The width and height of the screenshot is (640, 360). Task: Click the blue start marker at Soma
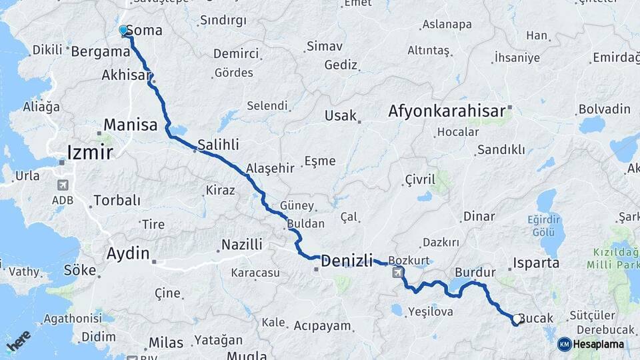(123, 30)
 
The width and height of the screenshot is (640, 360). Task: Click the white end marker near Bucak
(517, 320)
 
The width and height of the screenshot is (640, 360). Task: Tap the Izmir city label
(90, 153)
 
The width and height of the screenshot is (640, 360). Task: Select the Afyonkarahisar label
(447, 112)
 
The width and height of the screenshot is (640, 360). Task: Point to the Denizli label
(347, 262)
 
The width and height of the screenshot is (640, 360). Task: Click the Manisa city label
(131, 125)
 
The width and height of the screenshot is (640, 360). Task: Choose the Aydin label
(127, 253)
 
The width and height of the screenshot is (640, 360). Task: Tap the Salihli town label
(218, 145)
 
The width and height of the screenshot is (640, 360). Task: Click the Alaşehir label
(270, 168)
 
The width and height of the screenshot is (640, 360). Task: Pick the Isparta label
(537, 263)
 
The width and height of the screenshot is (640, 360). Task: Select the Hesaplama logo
(591, 344)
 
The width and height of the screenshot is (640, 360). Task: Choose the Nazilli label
(241, 245)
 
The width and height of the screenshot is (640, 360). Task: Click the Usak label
(341, 115)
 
